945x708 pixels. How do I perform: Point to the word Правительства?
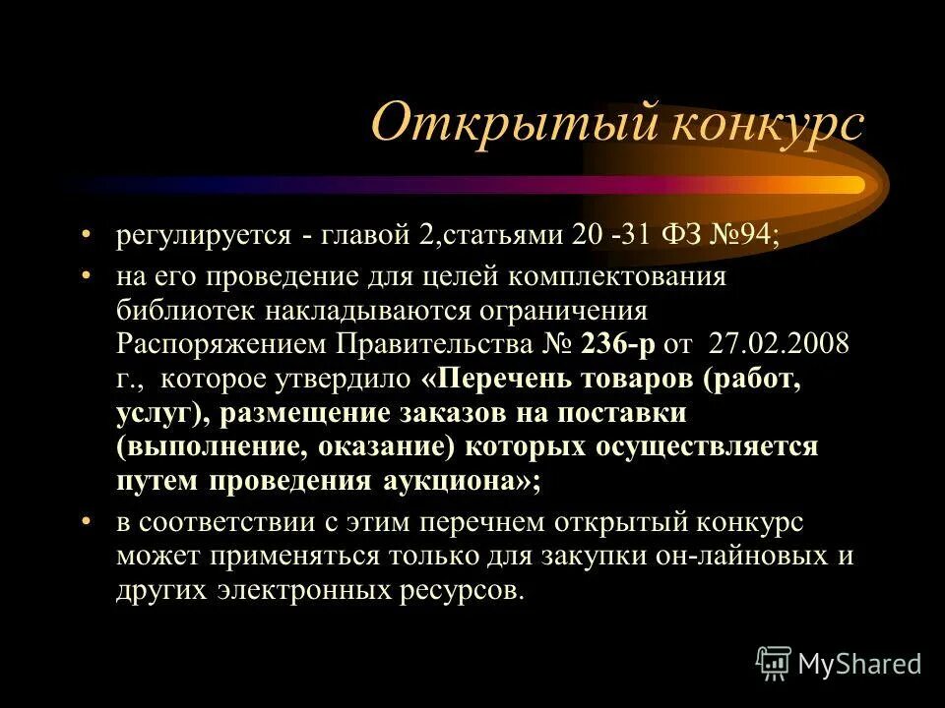pyautogui.click(x=435, y=346)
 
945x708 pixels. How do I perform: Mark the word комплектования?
pyautogui.click(x=631, y=277)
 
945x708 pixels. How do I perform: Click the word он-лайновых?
pyautogui.click(x=724, y=556)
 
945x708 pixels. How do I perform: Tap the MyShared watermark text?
pyautogui.click(x=859, y=664)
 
